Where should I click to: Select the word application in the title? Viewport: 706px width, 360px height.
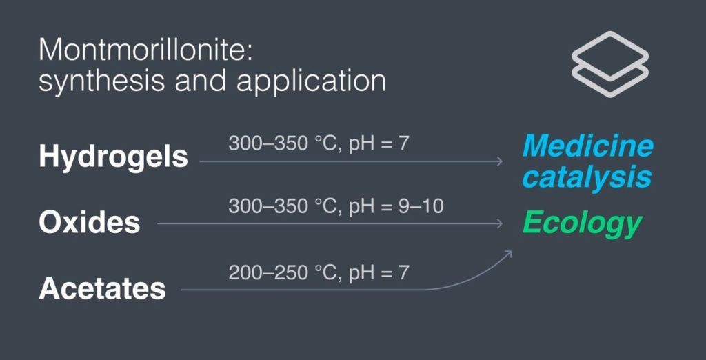311,82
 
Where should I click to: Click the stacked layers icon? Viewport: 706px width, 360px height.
610,64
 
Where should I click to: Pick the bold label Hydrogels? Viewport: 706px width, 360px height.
113,157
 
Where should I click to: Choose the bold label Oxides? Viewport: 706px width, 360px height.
90,222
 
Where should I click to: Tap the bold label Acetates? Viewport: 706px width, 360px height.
102,288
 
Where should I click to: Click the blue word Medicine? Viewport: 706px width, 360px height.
587,146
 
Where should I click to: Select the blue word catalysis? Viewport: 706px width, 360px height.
587,177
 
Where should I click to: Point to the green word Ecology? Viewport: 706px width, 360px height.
582,223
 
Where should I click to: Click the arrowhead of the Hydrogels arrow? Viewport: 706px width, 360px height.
500,161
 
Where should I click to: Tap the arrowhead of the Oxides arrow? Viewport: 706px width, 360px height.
500,223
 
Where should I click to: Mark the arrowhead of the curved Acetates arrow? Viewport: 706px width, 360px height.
509,253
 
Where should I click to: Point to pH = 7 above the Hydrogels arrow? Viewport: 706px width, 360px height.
379,143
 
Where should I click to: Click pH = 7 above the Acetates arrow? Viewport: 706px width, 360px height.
379,272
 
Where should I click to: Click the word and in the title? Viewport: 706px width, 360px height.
201,81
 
